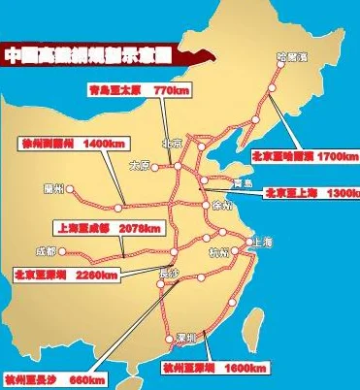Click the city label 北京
pos(175,139)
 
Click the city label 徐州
pos(222,205)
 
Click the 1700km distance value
pos(338,155)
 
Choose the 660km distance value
pos(86,377)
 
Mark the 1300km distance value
pos(343,193)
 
